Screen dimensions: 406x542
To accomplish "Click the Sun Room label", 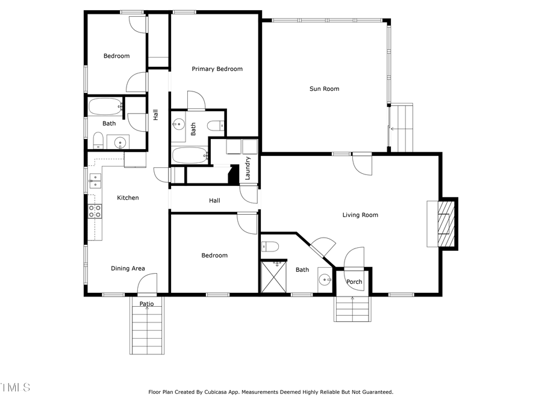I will (x=324, y=89).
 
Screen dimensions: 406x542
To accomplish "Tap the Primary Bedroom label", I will (x=217, y=69).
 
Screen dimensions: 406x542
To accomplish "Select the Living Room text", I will (x=360, y=215).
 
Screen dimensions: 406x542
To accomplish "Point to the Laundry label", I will (x=248, y=168).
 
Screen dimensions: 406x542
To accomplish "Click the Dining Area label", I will (x=128, y=269).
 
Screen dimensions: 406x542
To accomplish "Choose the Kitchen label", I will (x=128, y=198).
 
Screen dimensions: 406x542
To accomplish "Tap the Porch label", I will (x=354, y=281).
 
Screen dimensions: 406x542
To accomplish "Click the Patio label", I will (x=147, y=304).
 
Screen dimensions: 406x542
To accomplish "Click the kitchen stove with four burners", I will (x=95, y=211).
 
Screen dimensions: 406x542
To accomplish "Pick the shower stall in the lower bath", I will (x=272, y=277).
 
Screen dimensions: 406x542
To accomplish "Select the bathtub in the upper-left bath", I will (x=105, y=107).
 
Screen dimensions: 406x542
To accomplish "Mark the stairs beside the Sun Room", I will (x=402, y=128).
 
